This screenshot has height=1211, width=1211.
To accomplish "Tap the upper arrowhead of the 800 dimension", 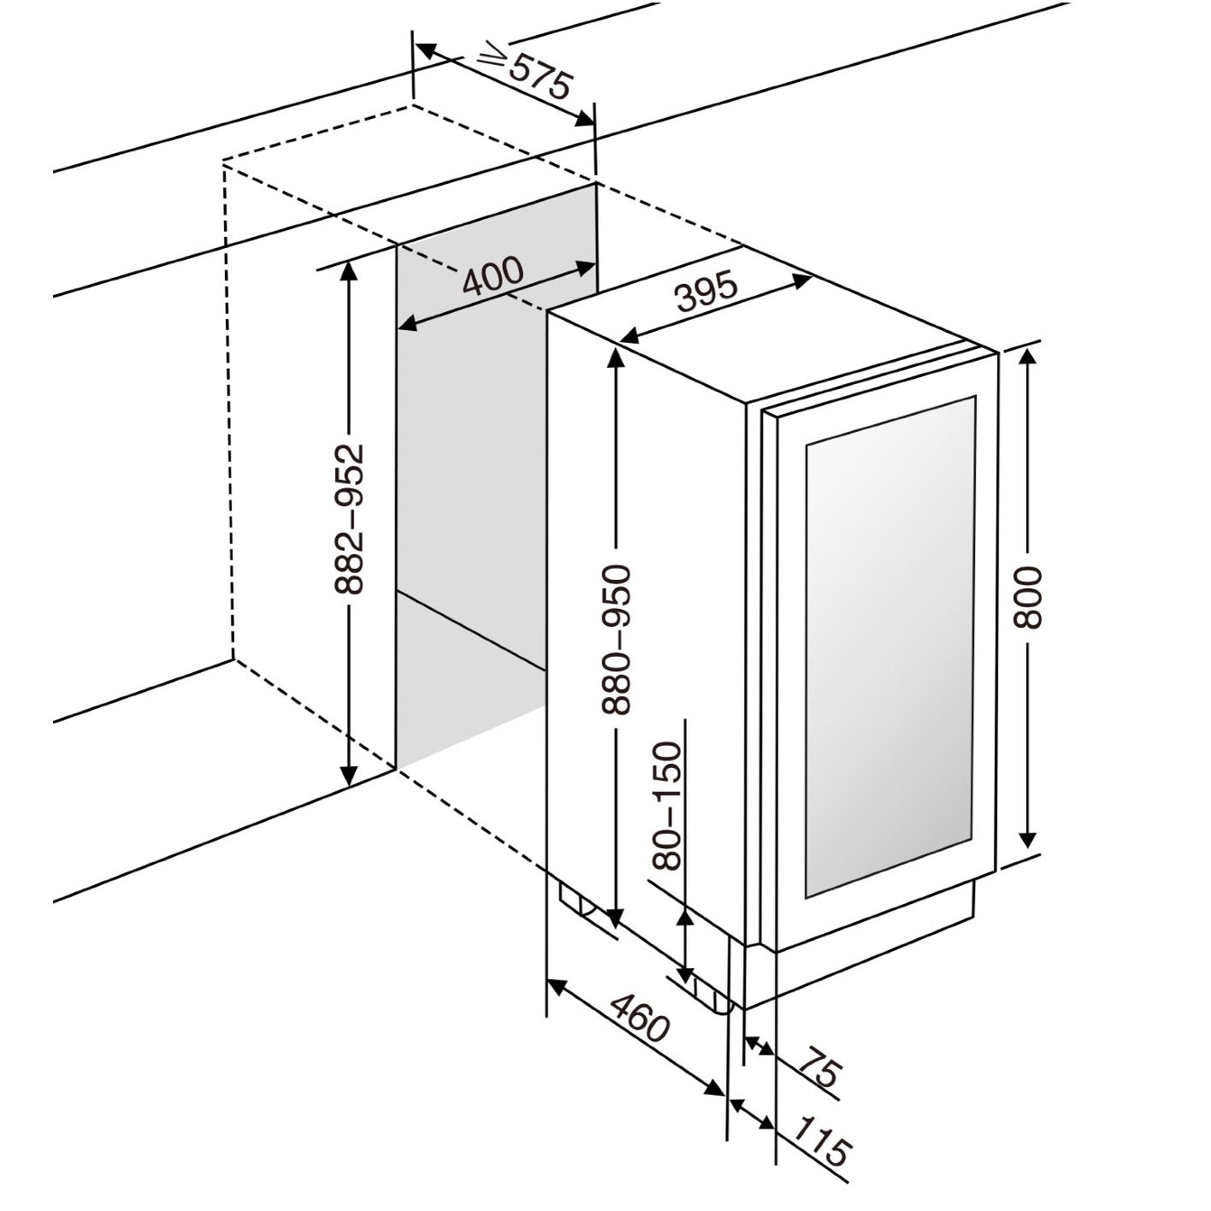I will click(x=1028, y=356).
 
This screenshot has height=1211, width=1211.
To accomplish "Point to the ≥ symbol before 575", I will click(x=493, y=58).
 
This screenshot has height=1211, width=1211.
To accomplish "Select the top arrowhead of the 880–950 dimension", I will click(x=616, y=354).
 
